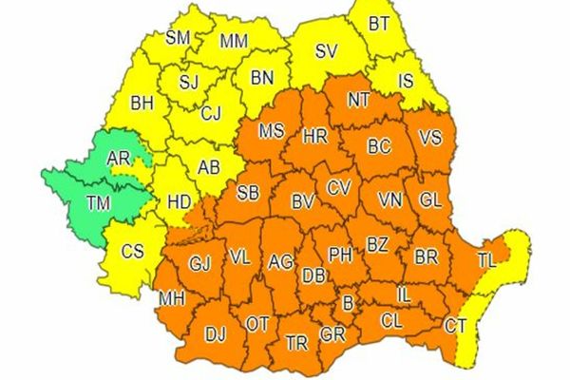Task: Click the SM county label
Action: [x=178, y=39]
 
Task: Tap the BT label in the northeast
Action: [x=379, y=23]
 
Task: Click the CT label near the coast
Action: [x=456, y=328]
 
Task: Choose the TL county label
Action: [x=485, y=259]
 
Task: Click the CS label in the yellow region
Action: [x=134, y=252]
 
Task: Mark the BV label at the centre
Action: [x=303, y=200]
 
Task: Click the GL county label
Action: [x=429, y=199]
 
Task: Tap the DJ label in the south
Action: [x=216, y=334]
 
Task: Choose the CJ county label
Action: [x=212, y=113]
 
